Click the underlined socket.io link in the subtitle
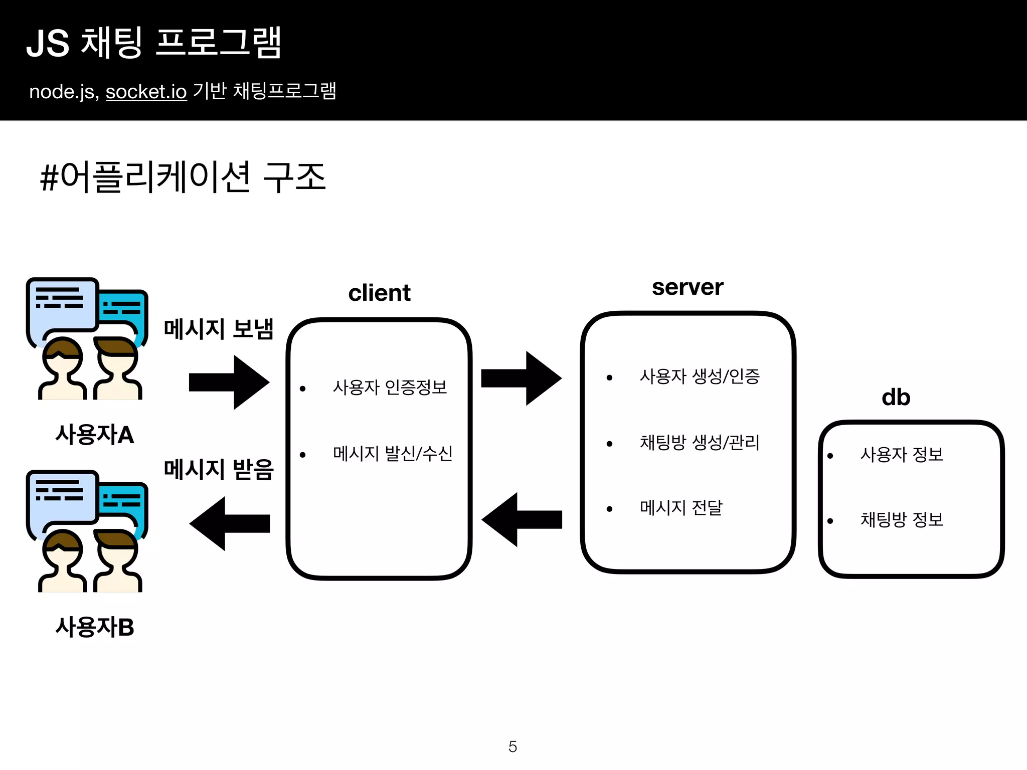(x=146, y=92)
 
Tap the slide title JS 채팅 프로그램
(x=153, y=43)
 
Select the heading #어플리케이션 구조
(x=183, y=177)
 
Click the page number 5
(x=512, y=746)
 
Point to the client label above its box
(x=379, y=293)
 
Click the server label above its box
(x=687, y=287)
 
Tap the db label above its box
(x=896, y=398)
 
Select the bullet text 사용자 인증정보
(x=390, y=388)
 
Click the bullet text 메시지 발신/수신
(x=393, y=454)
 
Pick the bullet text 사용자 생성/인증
(x=700, y=376)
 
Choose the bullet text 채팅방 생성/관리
(x=700, y=443)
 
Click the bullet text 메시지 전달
(x=681, y=508)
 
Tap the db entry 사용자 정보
(x=902, y=455)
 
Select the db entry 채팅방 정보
(x=902, y=520)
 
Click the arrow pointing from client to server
(x=522, y=378)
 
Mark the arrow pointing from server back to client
(x=522, y=520)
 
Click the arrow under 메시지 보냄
(x=230, y=382)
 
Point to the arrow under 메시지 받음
(x=230, y=524)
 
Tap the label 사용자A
(x=95, y=435)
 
